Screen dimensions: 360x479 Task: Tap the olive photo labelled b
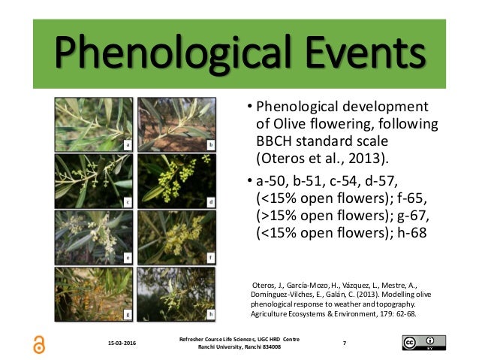pos(176,125)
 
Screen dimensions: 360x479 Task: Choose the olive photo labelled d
pos(176,181)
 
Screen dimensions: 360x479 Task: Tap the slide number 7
pos(345,343)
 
